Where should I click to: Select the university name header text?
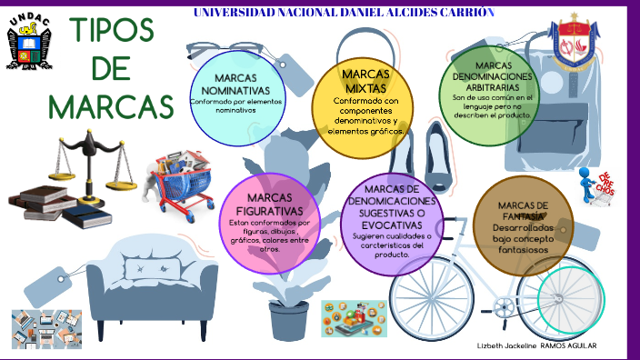345,13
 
